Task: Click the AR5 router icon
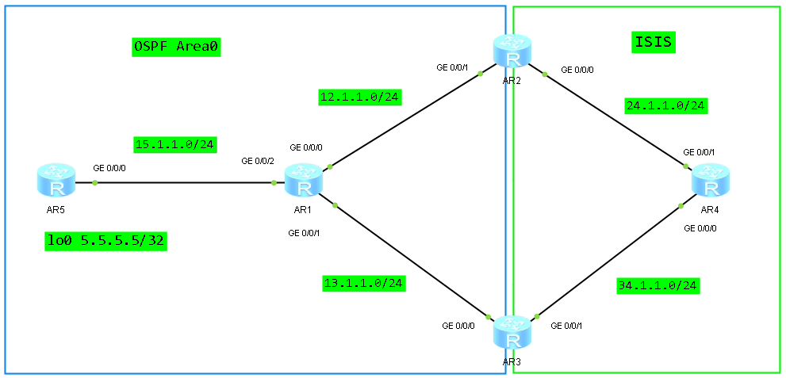click(x=56, y=181)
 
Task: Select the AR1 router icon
click(x=302, y=181)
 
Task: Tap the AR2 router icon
click(x=512, y=52)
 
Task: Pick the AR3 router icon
click(x=512, y=333)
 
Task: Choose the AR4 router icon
click(x=711, y=181)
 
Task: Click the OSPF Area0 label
click(x=175, y=47)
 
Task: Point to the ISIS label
click(x=654, y=42)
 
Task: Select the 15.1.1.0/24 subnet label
click(x=175, y=144)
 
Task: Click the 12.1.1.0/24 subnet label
click(x=360, y=97)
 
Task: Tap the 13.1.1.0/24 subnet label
click(x=364, y=283)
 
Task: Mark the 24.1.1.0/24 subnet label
click(x=665, y=105)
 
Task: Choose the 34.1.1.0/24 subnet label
click(x=658, y=285)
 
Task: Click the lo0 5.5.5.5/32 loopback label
click(x=105, y=240)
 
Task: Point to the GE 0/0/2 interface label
click(x=259, y=162)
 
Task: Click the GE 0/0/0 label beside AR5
click(x=109, y=168)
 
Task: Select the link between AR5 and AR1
click(x=182, y=182)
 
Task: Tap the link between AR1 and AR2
click(x=405, y=120)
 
